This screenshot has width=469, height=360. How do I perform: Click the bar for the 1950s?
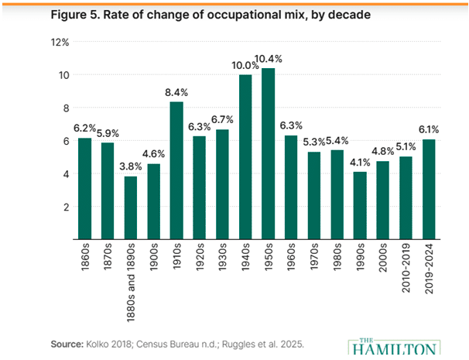(269, 154)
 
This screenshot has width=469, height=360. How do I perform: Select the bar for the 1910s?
(176, 170)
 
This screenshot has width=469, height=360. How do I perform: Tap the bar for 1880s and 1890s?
(131, 208)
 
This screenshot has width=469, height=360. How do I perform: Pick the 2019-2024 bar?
(429, 190)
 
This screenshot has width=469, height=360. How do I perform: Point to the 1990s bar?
(360, 206)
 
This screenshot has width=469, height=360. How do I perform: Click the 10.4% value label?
(269, 60)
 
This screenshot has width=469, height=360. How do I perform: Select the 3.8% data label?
(131, 166)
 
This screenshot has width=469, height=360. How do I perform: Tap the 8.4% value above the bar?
(176, 93)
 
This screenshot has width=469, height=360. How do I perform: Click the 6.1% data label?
(429, 130)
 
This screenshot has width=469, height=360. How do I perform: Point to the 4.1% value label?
(360, 163)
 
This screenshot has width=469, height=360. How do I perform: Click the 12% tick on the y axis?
(60, 43)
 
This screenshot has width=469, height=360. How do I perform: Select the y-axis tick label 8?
(66, 108)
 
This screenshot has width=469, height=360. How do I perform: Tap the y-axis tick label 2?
(66, 207)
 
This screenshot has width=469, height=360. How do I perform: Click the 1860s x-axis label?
(85, 257)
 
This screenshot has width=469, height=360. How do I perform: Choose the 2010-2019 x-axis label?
(406, 268)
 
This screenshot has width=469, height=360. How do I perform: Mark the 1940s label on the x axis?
(245, 257)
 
